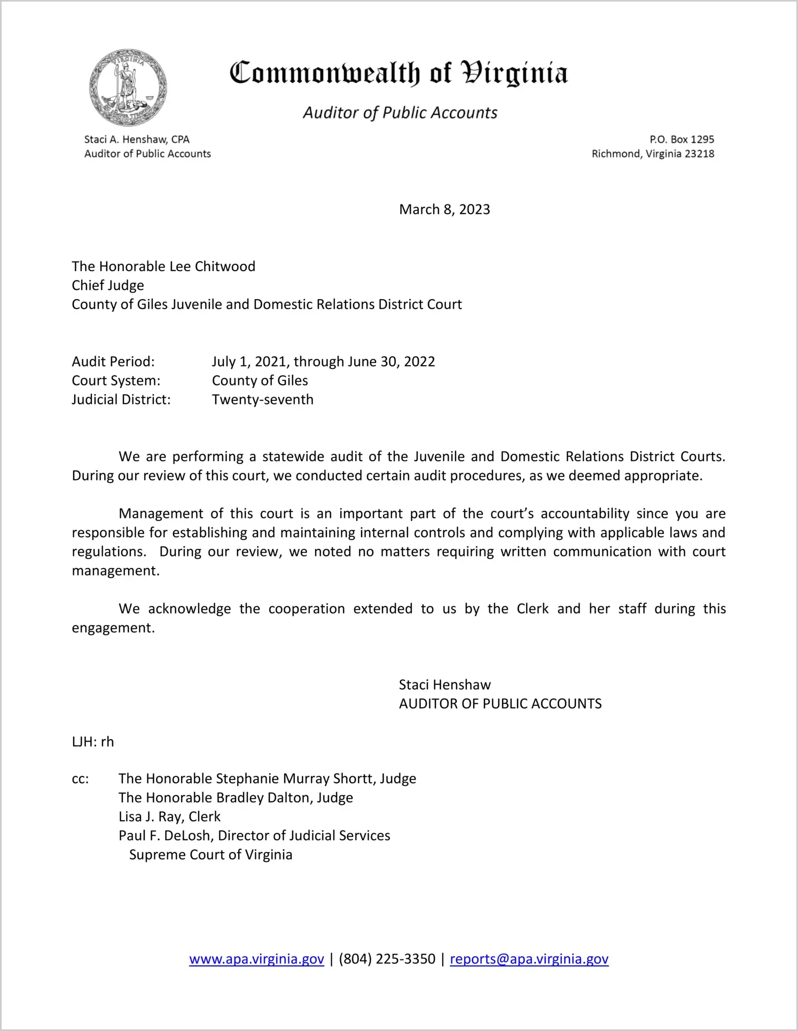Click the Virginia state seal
pyautogui.click(x=128, y=87)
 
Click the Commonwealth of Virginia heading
pyautogui.click(x=398, y=74)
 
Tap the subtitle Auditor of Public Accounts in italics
pyautogui.click(x=400, y=113)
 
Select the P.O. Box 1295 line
pyautogui.click(x=682, y=139)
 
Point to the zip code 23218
pyautogui.click(x=699, y=154)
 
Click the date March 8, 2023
pyautogui.click(x=444, y=209)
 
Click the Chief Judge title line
pyautogui.click(x=108, y=286)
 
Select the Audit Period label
pyautogui.click(x=113, y=362)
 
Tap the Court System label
pyautogui.click(x=116, y=381)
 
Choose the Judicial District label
pyautogui.click(x=121, y=400)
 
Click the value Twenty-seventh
pyautogui.click(x=263, y=400)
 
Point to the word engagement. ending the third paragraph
pyautogui.click(x=113, y=628)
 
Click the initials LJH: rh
pyautogui.click(x=93, y=742)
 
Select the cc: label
pyautogui.click(x=80, y=779)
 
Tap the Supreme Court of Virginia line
pyautogui.click(x=211, y=855)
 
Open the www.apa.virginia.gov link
pyautogui.click(x=256, y=959)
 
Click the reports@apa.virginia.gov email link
pyautogui.click(x=529, y=959)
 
